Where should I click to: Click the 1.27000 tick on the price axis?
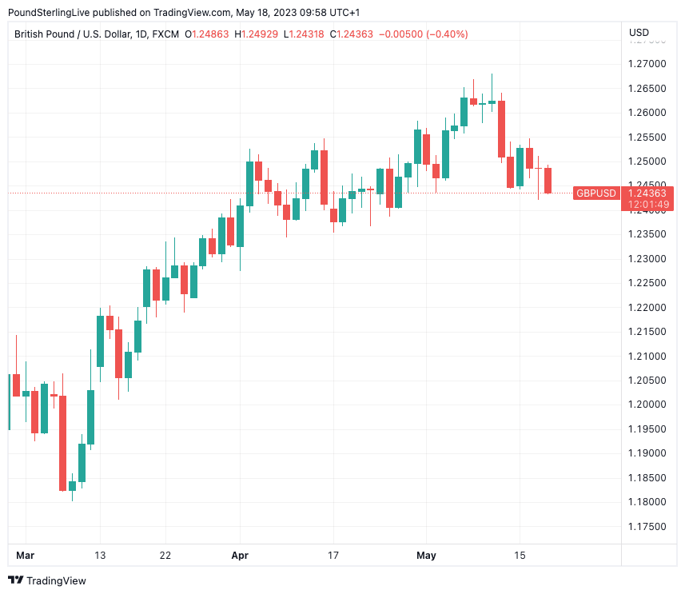647,63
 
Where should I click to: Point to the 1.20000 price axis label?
647,405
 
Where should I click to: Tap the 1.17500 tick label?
647,527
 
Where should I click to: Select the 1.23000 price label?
647,258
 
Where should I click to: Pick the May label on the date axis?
426,556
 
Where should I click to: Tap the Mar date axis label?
26,556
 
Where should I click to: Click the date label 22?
165,556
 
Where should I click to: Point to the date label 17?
333,556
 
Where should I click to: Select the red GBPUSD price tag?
596,193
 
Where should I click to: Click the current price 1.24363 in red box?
647,193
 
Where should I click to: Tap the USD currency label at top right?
639,33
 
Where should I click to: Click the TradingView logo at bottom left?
47,580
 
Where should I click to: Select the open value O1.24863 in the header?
207,34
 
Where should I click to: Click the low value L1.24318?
305,34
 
